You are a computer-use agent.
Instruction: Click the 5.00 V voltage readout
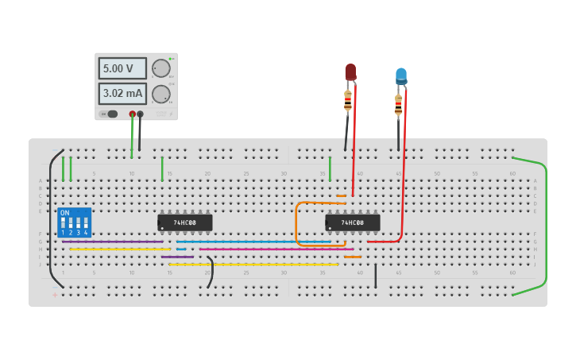[122, 68]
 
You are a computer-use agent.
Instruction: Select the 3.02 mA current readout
[122, 94]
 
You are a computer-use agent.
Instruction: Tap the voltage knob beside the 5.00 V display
[160, 68]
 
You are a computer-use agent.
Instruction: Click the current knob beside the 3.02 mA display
[160, 94]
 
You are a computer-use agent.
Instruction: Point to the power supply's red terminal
[132, 114]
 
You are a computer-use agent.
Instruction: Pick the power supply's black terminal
[140, 114]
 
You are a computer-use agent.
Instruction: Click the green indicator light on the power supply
[170, 59]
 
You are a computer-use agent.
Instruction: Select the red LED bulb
[350, 72]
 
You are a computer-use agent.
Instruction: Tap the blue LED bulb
[401, 75]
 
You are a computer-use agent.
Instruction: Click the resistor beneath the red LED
[348, 101]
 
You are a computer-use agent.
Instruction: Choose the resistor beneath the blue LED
[398, 104]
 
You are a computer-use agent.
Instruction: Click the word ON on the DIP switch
[65, 213]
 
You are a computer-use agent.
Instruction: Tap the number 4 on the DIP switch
[86, 233]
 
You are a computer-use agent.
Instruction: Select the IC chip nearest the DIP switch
[185, 223]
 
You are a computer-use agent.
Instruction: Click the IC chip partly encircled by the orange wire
[353, 223]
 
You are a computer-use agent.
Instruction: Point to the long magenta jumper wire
[270, 250]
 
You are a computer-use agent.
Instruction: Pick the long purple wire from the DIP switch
[111, 242]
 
